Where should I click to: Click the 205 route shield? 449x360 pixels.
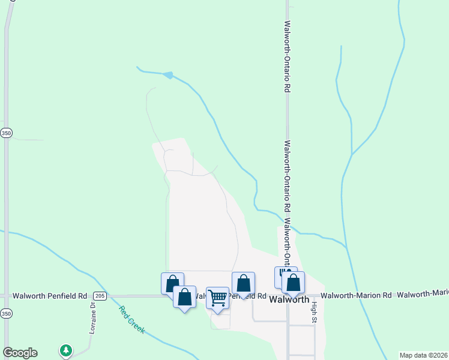(100, 296)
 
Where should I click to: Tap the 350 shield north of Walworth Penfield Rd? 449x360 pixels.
(6, 133)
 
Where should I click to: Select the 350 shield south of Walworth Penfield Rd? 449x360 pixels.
(6, 313)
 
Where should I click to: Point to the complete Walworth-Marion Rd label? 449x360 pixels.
(356, 295)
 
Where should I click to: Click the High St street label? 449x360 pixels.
(313, 312)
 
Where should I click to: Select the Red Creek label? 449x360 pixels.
(131, 320)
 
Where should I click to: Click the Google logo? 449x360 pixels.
(20, 353)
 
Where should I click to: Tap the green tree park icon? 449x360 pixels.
(65, 350)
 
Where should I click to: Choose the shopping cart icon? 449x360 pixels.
(217, 297)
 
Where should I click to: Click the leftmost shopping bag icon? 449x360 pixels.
(172, 283)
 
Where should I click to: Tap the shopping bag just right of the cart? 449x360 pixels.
(243, 283)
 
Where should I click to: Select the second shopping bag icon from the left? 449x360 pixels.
(184, 296)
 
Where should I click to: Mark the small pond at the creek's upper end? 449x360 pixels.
(169, 75)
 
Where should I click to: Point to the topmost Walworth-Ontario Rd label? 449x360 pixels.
(288, 56)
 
